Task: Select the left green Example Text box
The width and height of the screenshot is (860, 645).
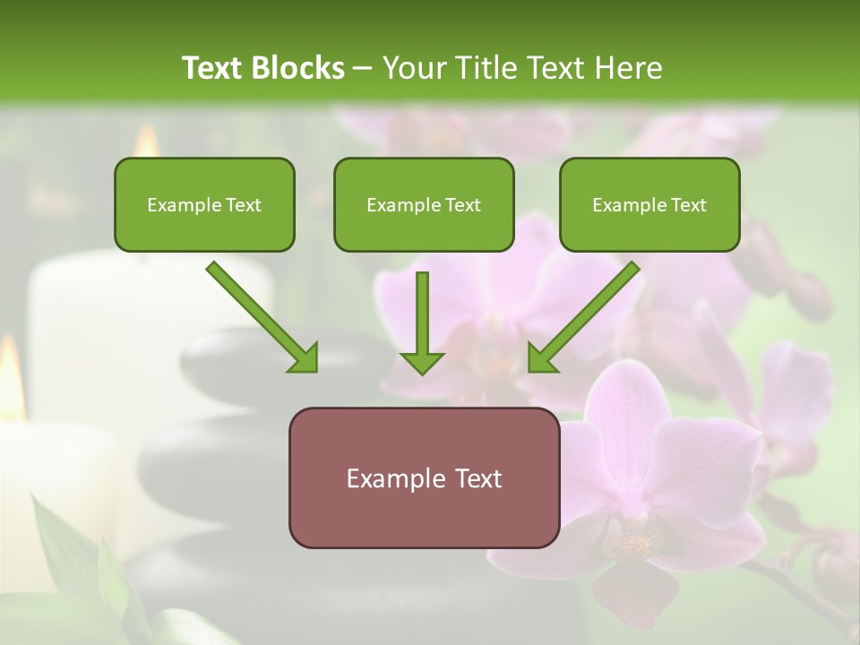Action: point(204,205)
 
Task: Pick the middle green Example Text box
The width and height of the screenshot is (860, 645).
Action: point(424,205)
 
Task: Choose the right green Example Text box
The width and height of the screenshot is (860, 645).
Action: point(649,205)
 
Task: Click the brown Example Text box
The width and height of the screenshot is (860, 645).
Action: point(424,477)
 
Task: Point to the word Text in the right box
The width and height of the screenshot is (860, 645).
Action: point(687,205)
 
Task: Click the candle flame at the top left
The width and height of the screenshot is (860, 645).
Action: point(146,142)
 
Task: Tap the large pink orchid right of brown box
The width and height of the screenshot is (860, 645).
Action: point(645,466)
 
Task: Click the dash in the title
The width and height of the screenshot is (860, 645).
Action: point(364,69)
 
